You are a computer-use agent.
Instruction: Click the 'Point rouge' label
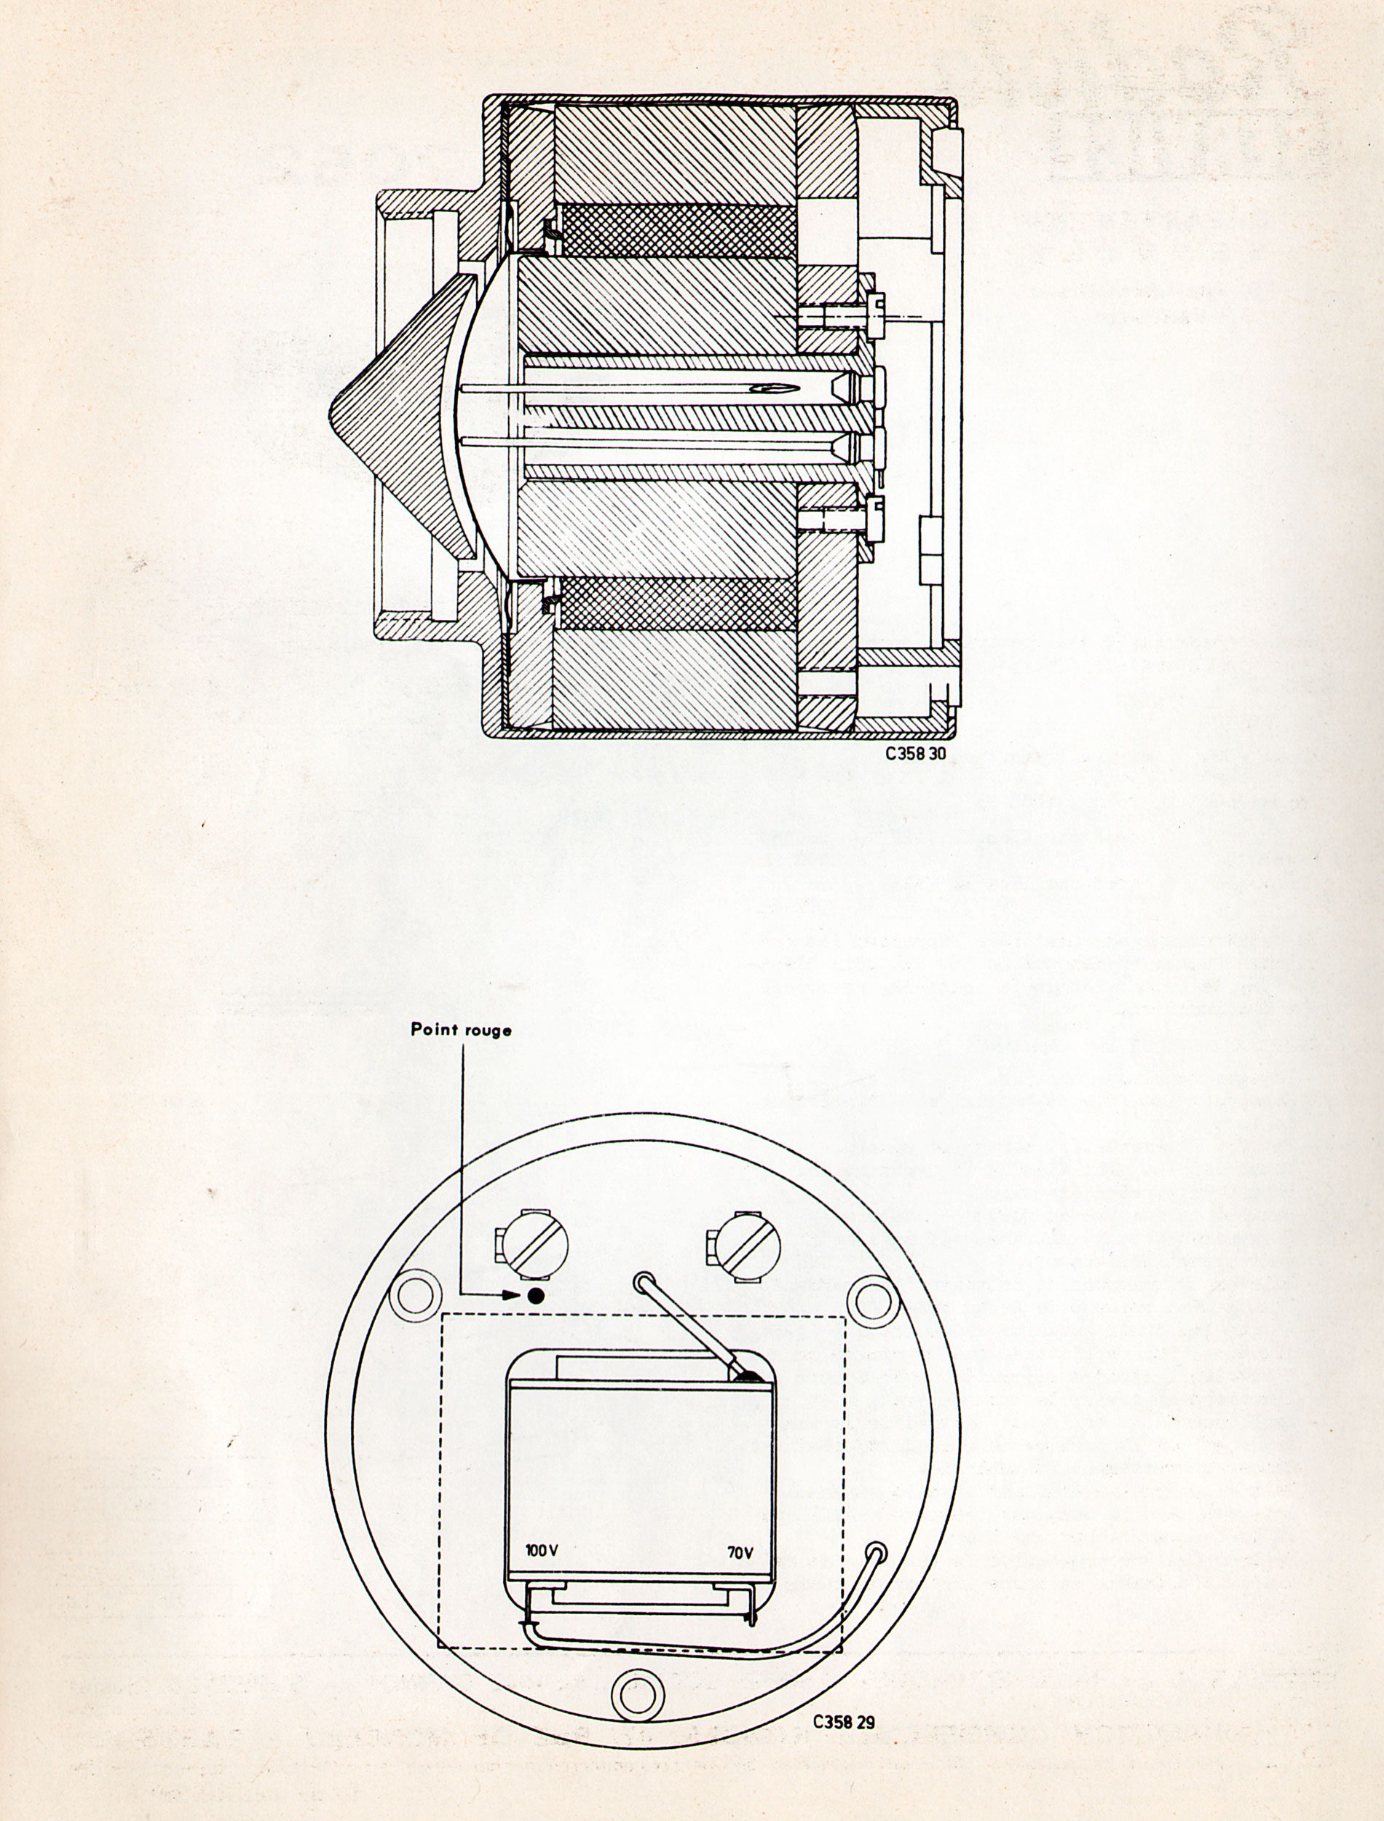461,1030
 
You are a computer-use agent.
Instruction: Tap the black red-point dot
537,1295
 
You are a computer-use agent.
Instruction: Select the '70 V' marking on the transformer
740,1552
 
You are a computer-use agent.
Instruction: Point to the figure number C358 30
911,752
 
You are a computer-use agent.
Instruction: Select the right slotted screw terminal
744,1246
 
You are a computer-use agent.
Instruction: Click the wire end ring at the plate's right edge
877,1552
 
